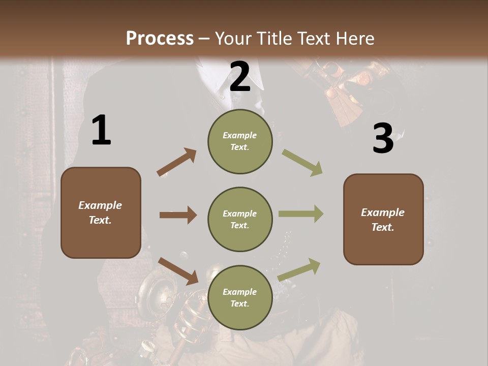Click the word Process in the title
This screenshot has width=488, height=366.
[160, 38]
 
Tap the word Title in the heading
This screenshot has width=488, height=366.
[275, 38]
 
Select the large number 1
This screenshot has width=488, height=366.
[101, 131]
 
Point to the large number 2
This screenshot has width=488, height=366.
[240, 77]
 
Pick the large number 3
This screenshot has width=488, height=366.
[383, 139]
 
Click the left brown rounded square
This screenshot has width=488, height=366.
[101, 212]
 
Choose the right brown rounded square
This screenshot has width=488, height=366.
[383, 219]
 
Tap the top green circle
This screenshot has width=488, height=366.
[240, 141]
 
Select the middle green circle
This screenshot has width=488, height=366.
[240, 219]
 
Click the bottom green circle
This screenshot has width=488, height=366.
[240, 297]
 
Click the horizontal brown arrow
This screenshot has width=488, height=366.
[178, 215]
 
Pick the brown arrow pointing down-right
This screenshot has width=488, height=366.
[178, 270]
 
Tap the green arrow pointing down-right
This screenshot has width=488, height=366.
[302, 162]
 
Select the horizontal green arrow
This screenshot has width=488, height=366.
[300, 214]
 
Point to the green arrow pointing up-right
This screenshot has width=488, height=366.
[299, 270]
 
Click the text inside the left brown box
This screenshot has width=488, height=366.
[101, 212]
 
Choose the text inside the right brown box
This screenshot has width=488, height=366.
[383, 219]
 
